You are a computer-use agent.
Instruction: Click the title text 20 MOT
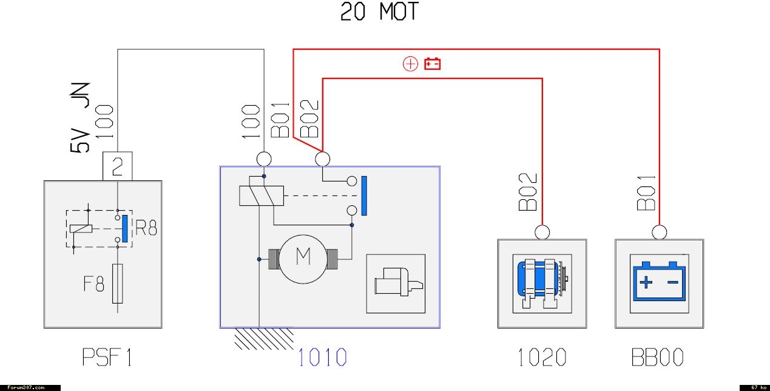click(x=379, y=12)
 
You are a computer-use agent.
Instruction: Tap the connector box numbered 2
click(x=118, y=166)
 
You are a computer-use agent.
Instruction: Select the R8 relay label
click(x=146, y=228)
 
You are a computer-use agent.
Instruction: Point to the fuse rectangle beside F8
click(x=118, y=284)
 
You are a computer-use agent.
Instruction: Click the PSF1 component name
click(x=107, y=357)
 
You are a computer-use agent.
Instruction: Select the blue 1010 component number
click(x=322, y=357)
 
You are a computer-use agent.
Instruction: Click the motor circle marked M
click(x=302, y=257)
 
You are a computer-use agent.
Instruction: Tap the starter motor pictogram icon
click(x=396, y=284)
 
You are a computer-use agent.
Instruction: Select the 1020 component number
click(x=542, y=357)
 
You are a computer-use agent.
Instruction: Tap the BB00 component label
click(x=658, y=357)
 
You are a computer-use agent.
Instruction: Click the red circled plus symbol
click(x=411, y=64)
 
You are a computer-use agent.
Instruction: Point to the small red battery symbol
click(x=432, y=64)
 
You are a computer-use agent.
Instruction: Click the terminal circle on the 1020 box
click(x=542, y=232)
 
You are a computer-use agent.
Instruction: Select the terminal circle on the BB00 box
click(x=660, y=232)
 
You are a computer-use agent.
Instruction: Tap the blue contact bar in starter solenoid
click(x=365, y=195)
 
